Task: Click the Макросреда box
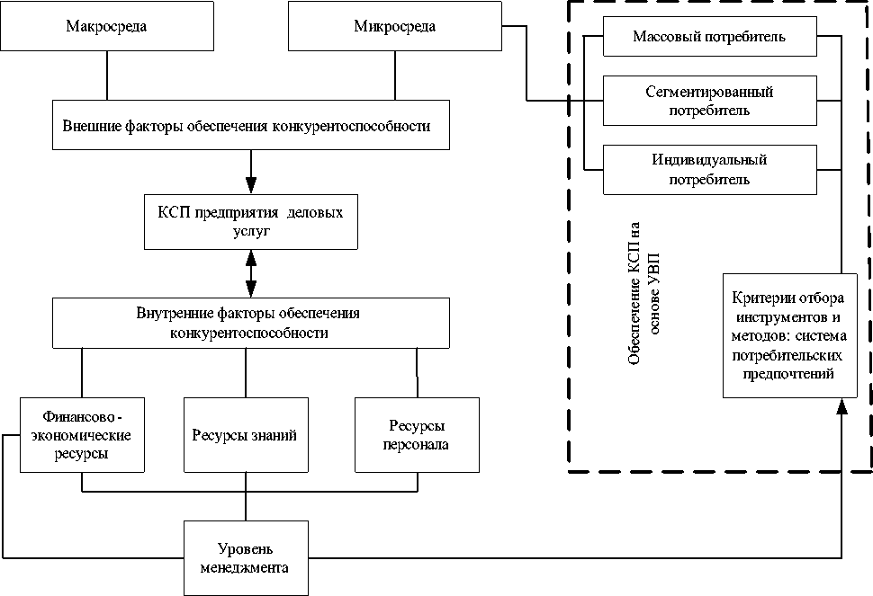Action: tap(107, 26)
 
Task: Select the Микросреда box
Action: tap(395, 26)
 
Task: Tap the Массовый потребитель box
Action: tap(709, 38)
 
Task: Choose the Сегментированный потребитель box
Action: tap(709, 101)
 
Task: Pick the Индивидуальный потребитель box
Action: tap(709, 170)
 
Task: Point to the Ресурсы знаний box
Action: tap(244, 436)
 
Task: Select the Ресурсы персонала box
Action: tap(418, 435)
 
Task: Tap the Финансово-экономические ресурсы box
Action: tap(82, 435)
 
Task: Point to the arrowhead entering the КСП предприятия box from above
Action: tap(251, 175)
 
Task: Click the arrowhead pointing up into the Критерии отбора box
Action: tap(841, 407)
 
